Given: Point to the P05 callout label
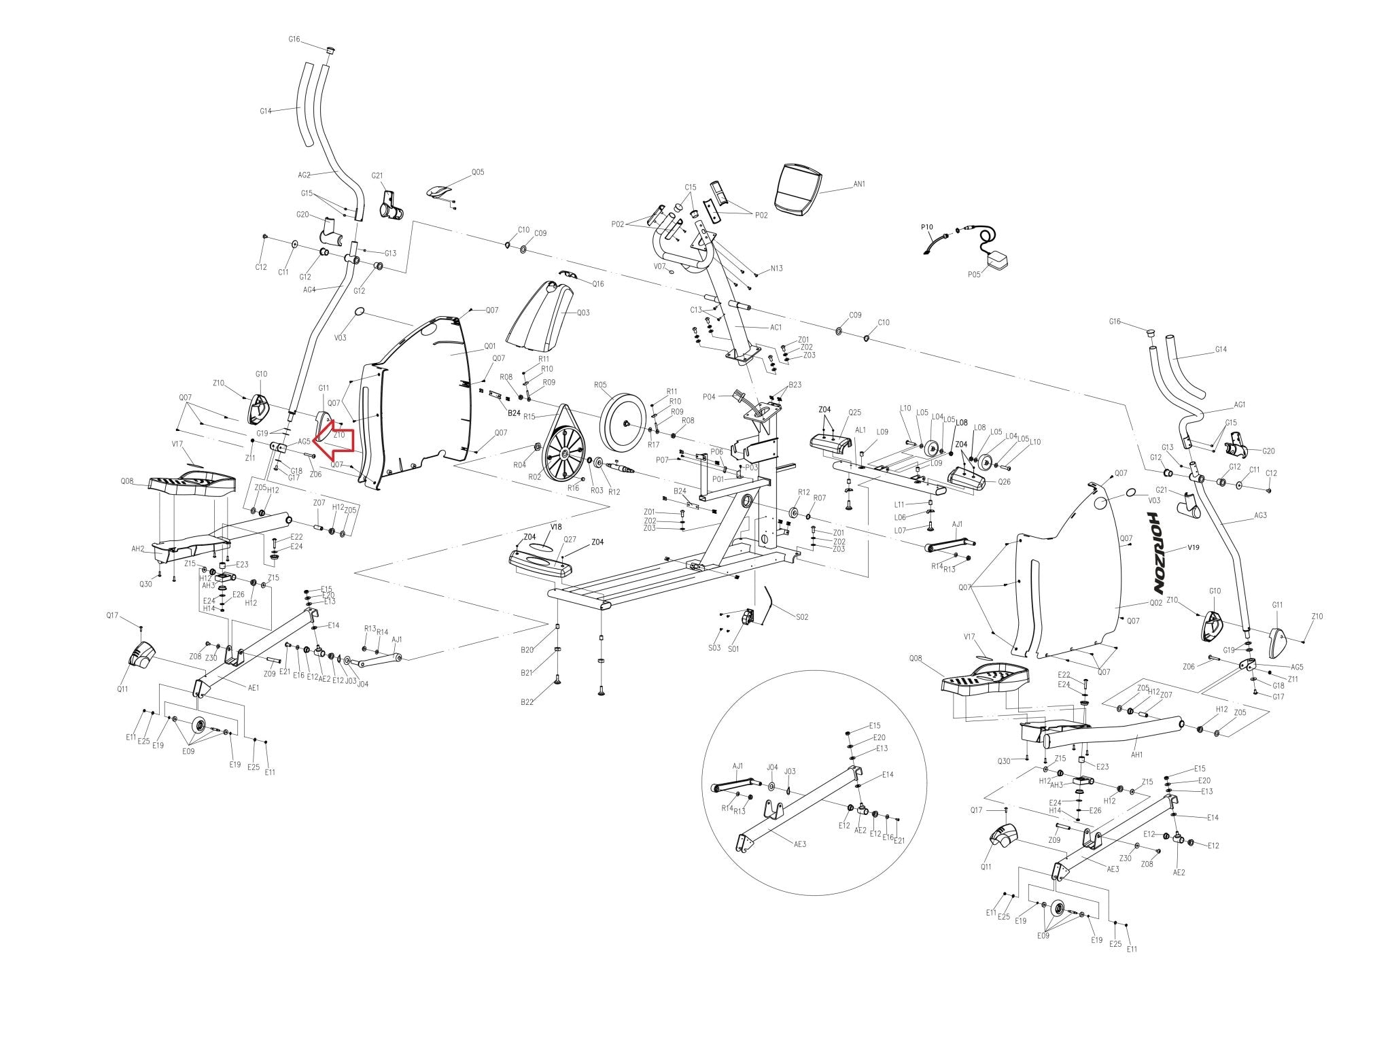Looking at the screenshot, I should (x=974, y=275).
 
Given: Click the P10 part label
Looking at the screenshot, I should (x=927, y=226).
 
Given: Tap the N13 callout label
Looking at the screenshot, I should (x=776, y=268).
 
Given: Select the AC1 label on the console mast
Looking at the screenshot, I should (x=776, y=327).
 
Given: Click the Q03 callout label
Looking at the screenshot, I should (x=583, y=313).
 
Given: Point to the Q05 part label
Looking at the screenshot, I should (x=478, y=173).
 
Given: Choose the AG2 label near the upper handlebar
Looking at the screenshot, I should (x=304, y=175).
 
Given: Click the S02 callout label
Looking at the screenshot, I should (x=802, y=617).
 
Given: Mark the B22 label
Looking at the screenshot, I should (x=527, y=702).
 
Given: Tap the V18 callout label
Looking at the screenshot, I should (x=556, y=527).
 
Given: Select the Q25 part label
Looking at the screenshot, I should (x=854, y=413).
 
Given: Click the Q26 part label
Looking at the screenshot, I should (x=1003, y=482).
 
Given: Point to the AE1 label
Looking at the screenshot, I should (x=254, y=688).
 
